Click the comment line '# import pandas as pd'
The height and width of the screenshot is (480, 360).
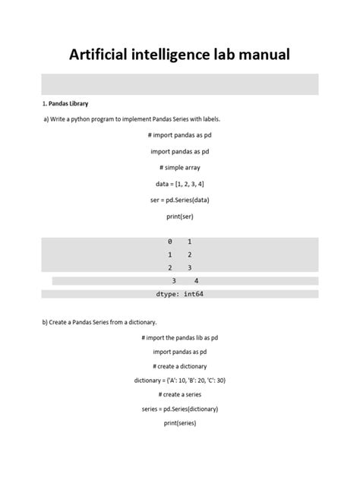tap(180, 135)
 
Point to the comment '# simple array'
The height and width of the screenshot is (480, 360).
tap(180, 167)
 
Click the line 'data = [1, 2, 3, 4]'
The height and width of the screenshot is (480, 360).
tap(180, 184)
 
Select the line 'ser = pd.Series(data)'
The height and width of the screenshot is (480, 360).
tap(180, 200)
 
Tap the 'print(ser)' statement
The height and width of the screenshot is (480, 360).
tap(180, 216)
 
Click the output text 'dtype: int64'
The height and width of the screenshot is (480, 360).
tap(180, 294)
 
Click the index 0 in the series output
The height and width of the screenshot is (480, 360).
tap(170, 242)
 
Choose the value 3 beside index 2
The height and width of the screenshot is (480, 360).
tap(189, 268)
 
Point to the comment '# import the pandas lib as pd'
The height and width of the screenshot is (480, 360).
tap(180, 337)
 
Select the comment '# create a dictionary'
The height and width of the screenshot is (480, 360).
tap(180, 366)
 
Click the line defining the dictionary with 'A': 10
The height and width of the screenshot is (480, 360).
tap(180, 381)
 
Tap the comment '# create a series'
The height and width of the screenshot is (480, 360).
tap(180, 395)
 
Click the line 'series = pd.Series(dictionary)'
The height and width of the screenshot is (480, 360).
tap(180, 409)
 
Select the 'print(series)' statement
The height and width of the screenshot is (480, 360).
tap(180, 424)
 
